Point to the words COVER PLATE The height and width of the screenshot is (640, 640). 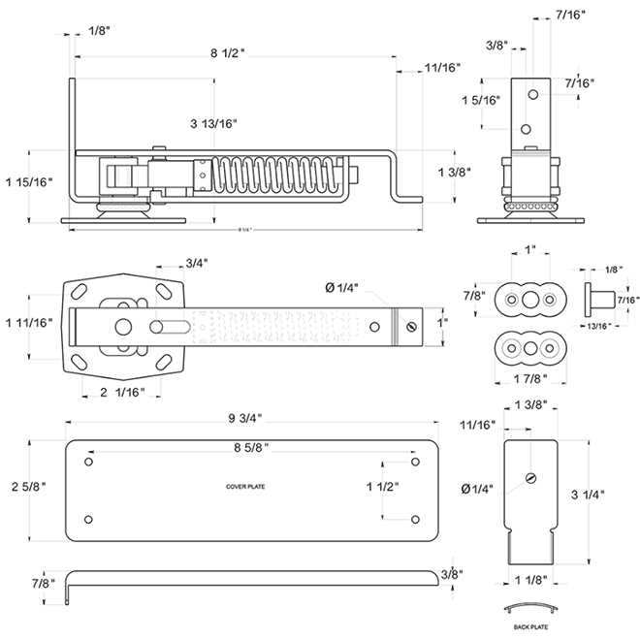[x=246, y=487]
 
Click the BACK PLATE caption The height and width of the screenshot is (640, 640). [x=529, y=627]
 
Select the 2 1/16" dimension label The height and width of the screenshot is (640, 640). [x=121, y=392]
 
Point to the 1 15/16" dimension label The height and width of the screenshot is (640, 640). [x=29, y=181]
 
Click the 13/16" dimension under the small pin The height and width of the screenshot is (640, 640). [x=598, y=326]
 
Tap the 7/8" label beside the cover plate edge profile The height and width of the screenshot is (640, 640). [x=42, y=583]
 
